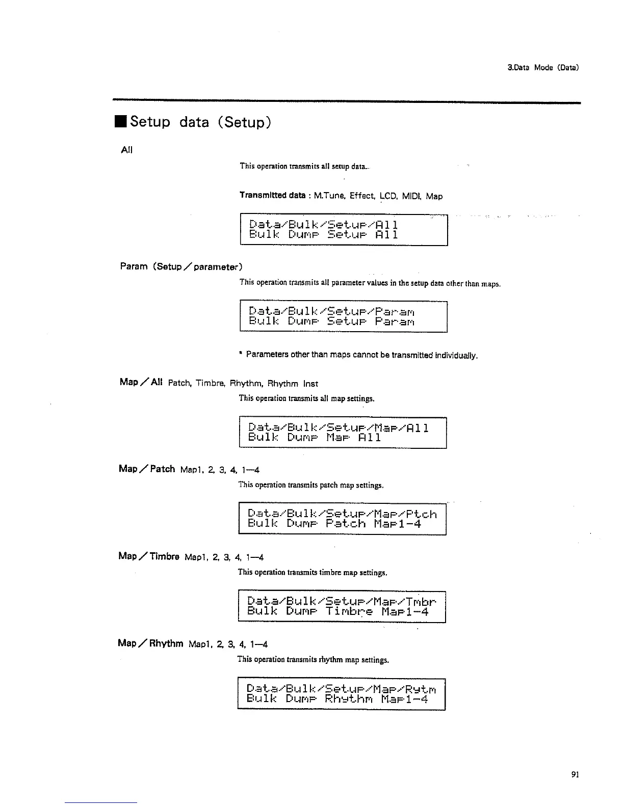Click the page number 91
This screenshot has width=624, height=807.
[575, 775]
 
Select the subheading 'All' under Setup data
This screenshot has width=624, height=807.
[126, 150]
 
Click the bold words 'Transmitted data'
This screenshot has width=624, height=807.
[273, 196]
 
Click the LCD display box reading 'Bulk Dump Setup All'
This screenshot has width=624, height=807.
[343, 230]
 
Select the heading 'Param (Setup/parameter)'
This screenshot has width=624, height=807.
[181, 266]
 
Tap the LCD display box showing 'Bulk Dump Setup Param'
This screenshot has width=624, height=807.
[343, 317]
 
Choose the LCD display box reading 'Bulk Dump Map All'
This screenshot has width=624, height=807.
[343, 433]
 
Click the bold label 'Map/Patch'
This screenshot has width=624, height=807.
[147, 469]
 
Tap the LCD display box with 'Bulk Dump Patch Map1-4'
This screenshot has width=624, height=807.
[342, 519]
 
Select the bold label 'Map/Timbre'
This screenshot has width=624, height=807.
[149, 556]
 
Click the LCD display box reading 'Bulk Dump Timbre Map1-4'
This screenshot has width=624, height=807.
[342, 606]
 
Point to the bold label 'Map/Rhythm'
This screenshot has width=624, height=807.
[150, 643]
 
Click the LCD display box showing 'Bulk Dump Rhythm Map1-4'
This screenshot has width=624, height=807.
[341, 694]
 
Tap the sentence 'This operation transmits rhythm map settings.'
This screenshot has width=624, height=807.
[313, 660]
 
